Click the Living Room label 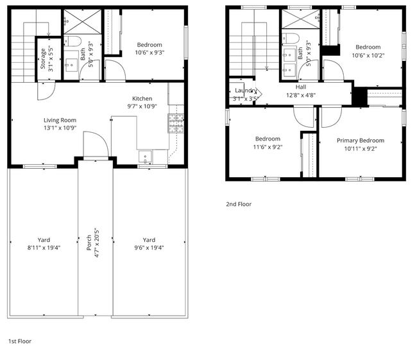(x=60, y=120)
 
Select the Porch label (x=89, y=243)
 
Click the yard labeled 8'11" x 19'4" (x=43, y=243)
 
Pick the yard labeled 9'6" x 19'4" (x=149, y=243)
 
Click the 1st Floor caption (x=19, y=341)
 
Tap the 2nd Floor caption (x=239, y=204)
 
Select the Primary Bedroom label (x=360, y=141)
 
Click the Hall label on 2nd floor (x=301, y=87)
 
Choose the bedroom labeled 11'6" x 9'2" (x=268, y=139)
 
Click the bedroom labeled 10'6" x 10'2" (x=368, y=47)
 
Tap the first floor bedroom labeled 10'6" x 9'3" (x=149, y=45)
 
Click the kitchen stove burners (x=176, y=123)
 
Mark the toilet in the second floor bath (x=289, y=37)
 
